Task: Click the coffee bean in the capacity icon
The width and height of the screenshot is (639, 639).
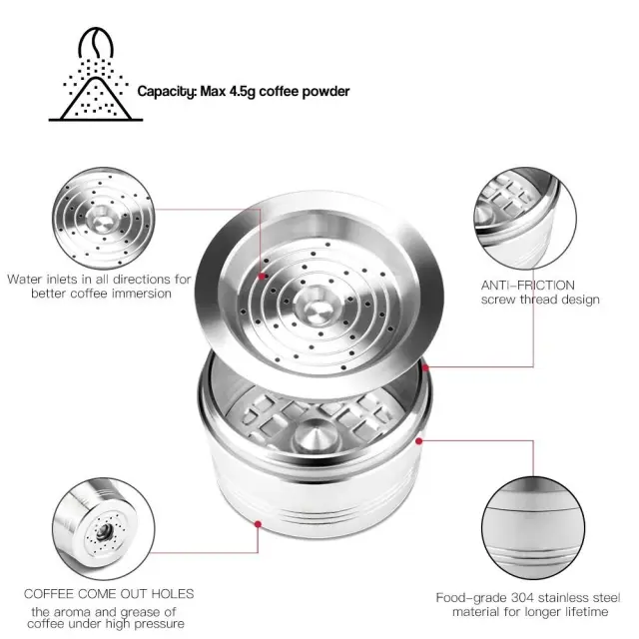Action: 96,43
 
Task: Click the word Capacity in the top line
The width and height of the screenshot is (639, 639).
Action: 167,92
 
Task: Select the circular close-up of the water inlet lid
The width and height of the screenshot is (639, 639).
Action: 104,213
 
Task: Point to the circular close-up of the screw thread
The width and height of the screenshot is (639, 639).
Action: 525,218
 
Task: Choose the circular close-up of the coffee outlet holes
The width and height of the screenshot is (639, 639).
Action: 104,528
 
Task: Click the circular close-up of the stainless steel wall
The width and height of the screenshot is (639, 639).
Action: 533,528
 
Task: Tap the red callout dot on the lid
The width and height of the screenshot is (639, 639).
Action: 262,277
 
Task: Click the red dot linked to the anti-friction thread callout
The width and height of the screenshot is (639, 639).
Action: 426,367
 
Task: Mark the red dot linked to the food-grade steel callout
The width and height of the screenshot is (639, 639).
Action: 419,441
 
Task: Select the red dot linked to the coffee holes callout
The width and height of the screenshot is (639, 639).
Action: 258,524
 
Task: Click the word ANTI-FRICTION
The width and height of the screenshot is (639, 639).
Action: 528,286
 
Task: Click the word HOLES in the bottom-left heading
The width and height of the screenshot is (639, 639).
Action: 173,594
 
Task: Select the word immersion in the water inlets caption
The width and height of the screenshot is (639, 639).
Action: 142,294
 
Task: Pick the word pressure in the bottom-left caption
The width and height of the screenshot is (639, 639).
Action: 160,624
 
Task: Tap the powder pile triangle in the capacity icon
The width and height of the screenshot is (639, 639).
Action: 96,98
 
